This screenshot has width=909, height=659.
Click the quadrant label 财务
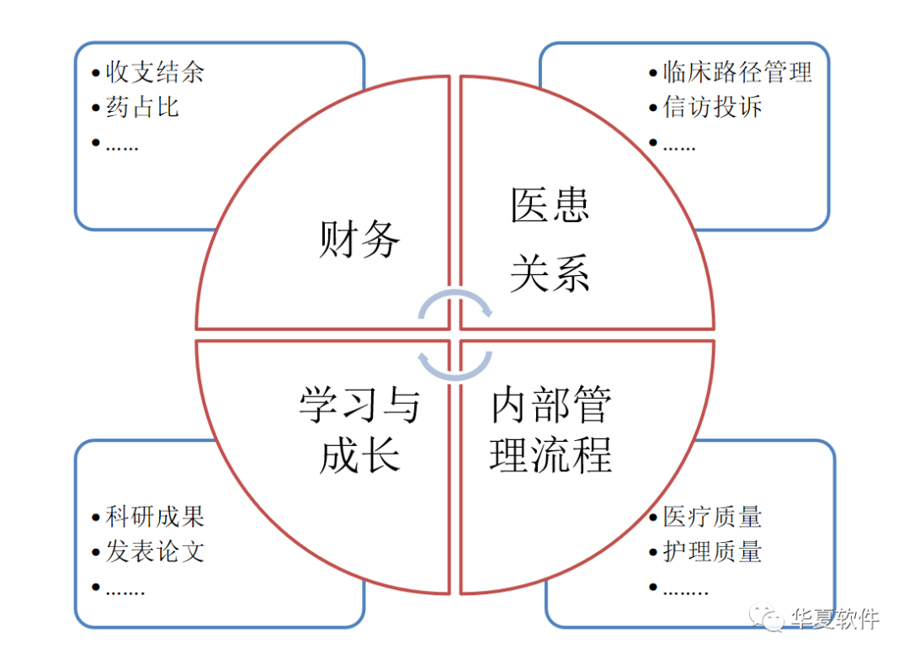[x=359, y=239]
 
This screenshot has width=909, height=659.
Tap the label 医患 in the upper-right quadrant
[x=550, y=205]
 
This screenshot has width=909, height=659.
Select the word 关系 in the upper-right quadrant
[x=550, y=274]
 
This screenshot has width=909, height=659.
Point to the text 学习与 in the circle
[x=359, y=406]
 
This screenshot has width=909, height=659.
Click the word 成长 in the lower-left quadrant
[x=359, y=457]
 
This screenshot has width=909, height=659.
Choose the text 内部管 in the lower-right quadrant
[x=550, y=406]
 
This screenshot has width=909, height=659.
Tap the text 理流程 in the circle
[x=550, y=457]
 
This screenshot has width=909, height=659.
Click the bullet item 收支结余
[x=155, y=72]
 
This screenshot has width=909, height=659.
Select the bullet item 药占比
[x=142, y=107]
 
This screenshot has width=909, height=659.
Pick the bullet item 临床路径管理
[x=737, y=72]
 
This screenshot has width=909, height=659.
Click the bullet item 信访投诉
[x=712, y=107]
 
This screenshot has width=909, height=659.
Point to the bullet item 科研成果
[x=155, y=516]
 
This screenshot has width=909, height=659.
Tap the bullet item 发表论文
[x=155, y=552]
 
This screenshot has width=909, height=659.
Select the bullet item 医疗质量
[x=712, y=516]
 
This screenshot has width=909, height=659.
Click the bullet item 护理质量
[x=712, y=552]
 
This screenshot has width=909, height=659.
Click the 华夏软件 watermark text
[x=835, y=619]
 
